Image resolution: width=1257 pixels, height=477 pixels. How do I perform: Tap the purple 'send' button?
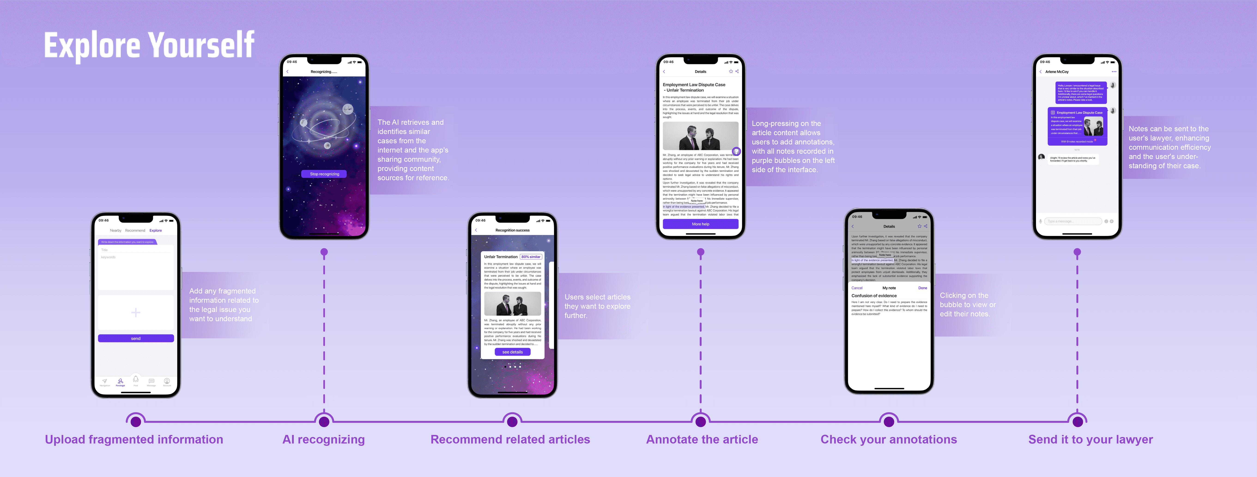coord(136,338)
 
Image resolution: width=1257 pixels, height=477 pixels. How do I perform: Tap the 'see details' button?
coord(512,352)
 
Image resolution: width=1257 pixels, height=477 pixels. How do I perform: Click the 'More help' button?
coord(700,224)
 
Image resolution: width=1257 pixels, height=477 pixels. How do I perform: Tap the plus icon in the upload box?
coord(136,312)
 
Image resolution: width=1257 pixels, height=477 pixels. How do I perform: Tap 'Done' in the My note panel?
coord(922,288)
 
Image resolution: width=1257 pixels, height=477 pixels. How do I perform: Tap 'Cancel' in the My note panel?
coord(857,288)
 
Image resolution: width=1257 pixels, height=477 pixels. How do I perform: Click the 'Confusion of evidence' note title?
coord(874,296)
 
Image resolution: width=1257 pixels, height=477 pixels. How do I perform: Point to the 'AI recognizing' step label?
coord(324,439)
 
